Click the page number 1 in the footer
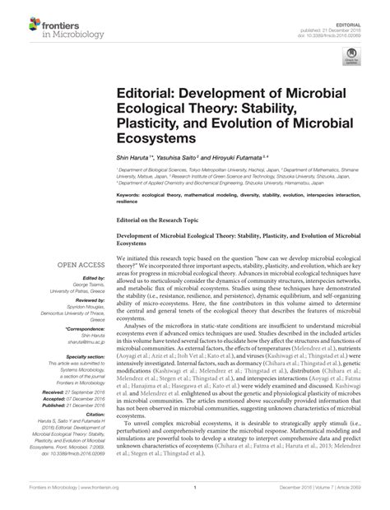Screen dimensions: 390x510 pyautogui.click(x=194, y=498)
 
